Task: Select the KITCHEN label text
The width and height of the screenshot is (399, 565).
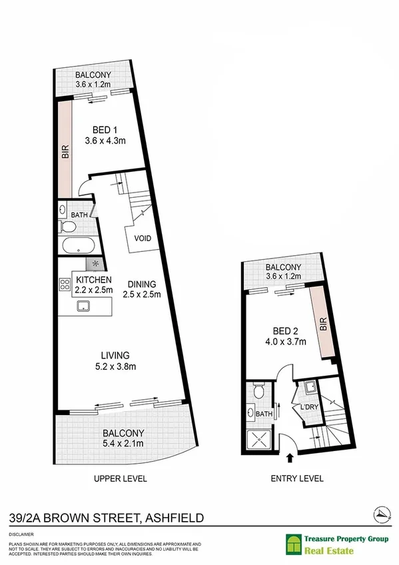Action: pyautogui.click(x=93, y=280)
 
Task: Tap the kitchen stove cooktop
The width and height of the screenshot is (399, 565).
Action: pyautogui.click(x=65, y=285)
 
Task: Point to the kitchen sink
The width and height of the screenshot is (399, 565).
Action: pyautogui.click(x=85, y=306)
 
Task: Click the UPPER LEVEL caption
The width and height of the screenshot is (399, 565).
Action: pyautogui.click(x=121, y=478)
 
